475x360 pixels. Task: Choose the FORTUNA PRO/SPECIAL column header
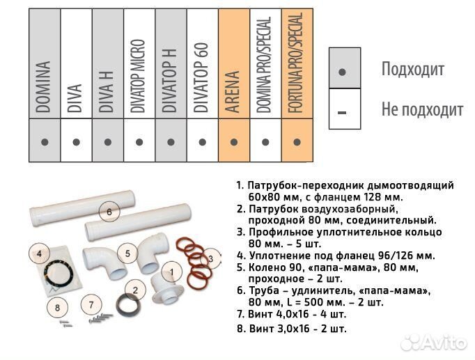[x=297, y=63]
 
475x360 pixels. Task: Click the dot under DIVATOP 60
[x=203, y=141]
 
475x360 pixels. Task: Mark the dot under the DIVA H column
[x=108, y=141]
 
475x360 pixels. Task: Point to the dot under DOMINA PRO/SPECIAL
[x=265, y=141]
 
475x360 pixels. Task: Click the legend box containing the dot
[x=344, y=68]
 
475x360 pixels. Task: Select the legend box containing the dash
[x=344, y=109]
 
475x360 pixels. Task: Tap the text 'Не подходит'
[x=421, y=110]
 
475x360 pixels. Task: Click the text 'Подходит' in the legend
[x=412, y=69]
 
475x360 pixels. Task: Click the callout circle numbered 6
[x=108, y=209]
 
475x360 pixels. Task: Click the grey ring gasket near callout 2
[x=126, y=304]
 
